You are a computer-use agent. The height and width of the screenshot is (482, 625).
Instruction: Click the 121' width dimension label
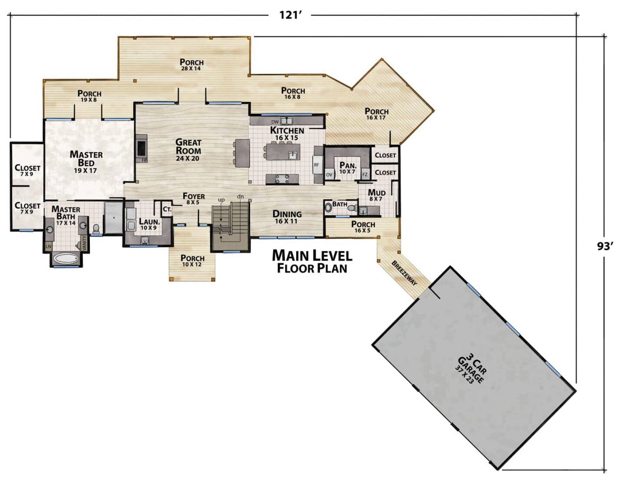pyautogui.click(x=290, y=15)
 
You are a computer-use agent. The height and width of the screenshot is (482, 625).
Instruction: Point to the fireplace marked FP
pyautogui.click(x=141, y=149)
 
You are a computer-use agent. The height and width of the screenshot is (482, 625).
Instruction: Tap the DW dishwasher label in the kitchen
pyautogui.click(x=275, y=122)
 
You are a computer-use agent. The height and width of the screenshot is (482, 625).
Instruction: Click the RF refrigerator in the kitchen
pyautogui.click(x=317, y=165)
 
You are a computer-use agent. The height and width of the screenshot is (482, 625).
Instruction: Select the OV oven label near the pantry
pyautogui.click(x=329, y=174)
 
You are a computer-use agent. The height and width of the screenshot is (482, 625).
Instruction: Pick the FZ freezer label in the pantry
pyautogui.click(x=365, y=174)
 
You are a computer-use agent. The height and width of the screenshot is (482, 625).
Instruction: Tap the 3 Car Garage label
pyautogui.click(x=470, y=370)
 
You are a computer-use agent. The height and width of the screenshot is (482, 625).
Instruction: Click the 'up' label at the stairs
pyautogui.click(x=221, y=200)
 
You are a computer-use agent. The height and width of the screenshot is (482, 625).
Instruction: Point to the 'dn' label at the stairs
pyautogui.click(x=240, y=197)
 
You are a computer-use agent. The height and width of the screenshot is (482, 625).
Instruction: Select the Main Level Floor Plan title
pyautogui.click(x=312, y=261)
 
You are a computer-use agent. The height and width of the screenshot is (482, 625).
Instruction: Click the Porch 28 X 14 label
pyautogui.click(x=191, y=64)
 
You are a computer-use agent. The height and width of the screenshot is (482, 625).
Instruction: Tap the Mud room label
pyautogui.click(x=376, y=195)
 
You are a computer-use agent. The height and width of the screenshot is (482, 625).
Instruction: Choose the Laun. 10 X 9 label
pyautogui.click(x=149, y=224)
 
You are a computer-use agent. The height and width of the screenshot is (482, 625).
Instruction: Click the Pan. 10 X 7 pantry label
pyautogui.click(x=348, y=167)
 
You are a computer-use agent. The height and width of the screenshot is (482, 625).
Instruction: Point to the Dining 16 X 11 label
pyautogui.click(x=287, y=217)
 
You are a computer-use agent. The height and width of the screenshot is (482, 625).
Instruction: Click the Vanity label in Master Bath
pyautogui.click(x=84, y=243)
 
